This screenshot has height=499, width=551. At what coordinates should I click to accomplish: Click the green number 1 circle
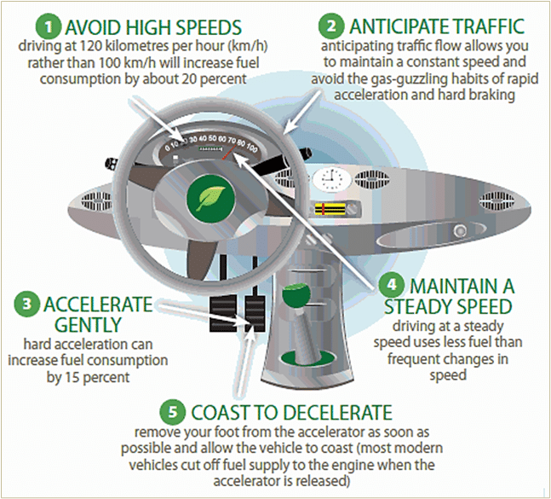[x=49, y=26]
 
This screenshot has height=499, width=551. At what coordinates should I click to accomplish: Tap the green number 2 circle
[x=331, y=26]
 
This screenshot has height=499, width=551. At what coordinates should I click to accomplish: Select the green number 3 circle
[x=26, y=304]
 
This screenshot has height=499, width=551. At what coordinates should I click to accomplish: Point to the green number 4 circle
[x=392, y=284]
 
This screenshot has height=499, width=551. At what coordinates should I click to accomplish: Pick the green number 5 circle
[x=173, y=411]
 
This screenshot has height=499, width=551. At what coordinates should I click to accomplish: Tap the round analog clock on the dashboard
[x=332, y=179]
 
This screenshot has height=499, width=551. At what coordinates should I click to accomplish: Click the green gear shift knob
[x=297, y=295]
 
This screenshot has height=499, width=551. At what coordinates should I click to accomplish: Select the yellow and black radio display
[x=330, y=209]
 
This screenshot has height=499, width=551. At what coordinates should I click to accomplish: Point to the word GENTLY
[x=88, y=324]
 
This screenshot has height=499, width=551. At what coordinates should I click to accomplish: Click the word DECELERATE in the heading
[x=334, y=412]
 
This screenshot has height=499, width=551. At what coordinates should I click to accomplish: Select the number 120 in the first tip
[x=92, y=46]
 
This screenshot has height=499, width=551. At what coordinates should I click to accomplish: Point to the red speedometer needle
[x=229, y=153]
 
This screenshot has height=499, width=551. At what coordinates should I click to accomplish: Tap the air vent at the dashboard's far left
[x=96, y=200]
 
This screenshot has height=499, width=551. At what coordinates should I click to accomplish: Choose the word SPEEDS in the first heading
[x=209, y=27]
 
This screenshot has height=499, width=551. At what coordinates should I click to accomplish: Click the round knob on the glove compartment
[x=460, y=231]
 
